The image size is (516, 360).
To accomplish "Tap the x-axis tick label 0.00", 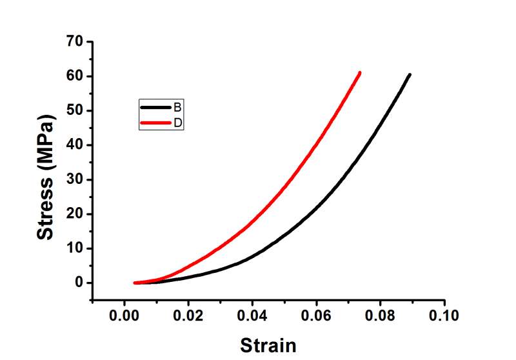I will pyautogui.click(x=124, y=316).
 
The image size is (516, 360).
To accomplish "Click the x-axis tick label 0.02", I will pyautogui.click(x=188, y=316).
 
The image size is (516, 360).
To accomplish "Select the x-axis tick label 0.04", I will pyautogui.click(x=252, y=316).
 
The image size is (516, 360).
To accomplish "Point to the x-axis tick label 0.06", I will pyautogui.click(x=316, y=316).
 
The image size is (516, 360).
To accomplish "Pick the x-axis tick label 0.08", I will pyautogui.click(x=381, y=316).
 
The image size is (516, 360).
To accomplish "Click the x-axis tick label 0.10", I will pyautogui.click(x=444, y=316).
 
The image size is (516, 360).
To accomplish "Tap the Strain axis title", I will pyautogui.click(x=269, y=345).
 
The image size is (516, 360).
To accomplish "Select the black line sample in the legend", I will pyautogui.click(x=155, y=107).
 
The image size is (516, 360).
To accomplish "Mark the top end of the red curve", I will pyautogui.click(x=359, y=73).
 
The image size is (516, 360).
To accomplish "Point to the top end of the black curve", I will pyautogui.click(x=410, y=75).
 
